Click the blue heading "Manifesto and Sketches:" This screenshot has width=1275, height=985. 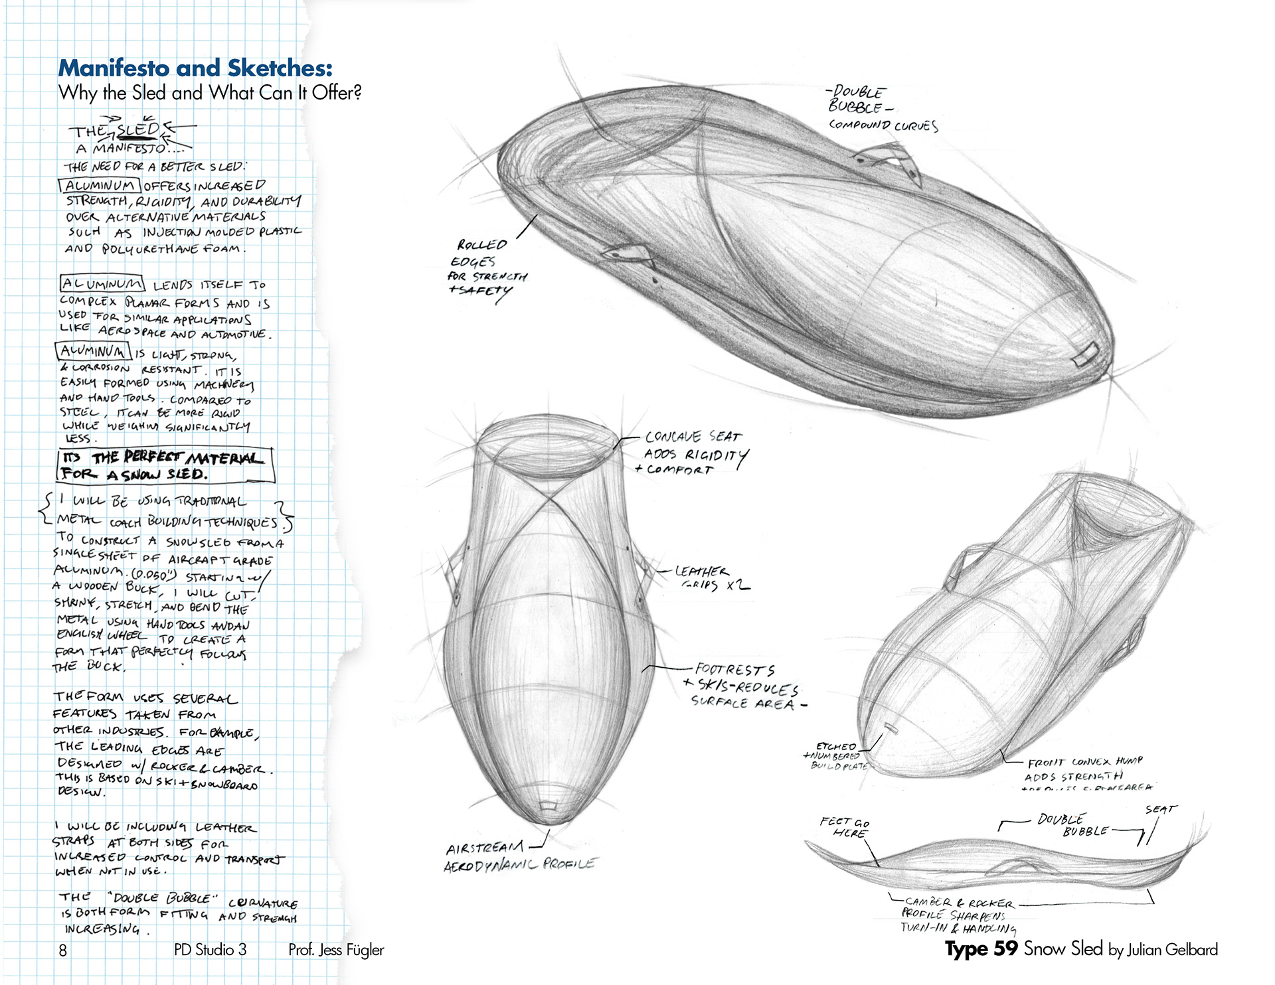pyautogui.click(x=195, y=68)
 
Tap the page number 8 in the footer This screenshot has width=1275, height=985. pyautogui.click(x=63, y=950)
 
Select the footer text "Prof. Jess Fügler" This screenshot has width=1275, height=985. pyautogui.click(x=336, y=950)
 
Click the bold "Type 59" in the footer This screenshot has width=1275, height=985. pyautogui.click(x=981, y=948)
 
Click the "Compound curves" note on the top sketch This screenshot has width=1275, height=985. pyautogui.click(x=883, y=125)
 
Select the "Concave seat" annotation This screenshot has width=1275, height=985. pyautogui.click(x=693, y=437)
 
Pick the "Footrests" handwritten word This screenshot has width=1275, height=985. pyautogui.click(x=734, y=670)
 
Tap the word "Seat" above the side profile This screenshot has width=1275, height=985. pyautogui.click(x=1160, y=810)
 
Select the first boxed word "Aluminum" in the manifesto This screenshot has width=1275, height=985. pyautogui.click(x=100, y=185)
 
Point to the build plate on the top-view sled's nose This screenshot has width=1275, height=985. pyautogui.click(x=547, y=805)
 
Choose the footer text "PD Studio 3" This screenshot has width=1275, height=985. pyautogui.click(x=210, y=950)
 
